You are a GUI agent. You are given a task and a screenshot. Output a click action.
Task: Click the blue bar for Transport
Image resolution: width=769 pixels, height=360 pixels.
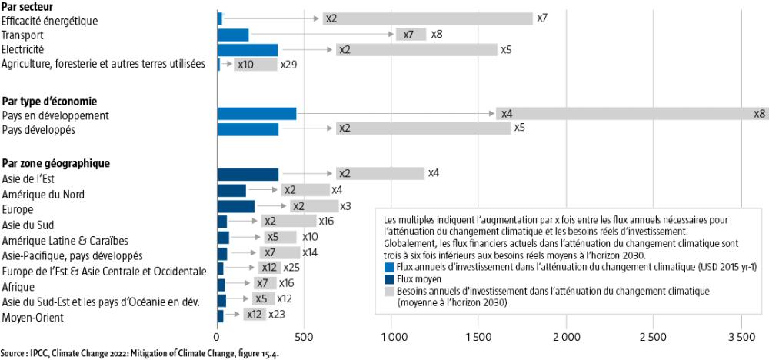(x=233, y=35)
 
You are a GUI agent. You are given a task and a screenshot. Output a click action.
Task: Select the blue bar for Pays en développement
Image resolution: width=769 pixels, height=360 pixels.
(x=257, y=114)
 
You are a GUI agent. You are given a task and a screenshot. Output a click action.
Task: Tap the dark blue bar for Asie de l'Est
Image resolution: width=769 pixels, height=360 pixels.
(x=248, y=174)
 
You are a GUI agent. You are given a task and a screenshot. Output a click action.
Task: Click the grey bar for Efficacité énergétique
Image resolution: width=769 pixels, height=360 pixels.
(x=428, y=18)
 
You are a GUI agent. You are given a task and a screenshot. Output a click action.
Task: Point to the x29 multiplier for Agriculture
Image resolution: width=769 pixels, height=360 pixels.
(x=288, y=65)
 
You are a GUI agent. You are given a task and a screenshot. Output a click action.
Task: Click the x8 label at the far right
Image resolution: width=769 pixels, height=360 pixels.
(x=760, y=114)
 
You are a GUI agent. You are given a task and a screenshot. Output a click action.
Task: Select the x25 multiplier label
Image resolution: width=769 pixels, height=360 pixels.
(x=291, y=268)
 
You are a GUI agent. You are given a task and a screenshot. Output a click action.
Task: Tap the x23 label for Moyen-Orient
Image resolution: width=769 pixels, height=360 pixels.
(x=277, y=315)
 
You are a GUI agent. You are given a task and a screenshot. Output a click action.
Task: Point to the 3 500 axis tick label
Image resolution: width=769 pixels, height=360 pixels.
(x=741, y=337)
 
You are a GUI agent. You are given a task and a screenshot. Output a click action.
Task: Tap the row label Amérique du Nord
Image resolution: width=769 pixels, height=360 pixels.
(x=42, y=194)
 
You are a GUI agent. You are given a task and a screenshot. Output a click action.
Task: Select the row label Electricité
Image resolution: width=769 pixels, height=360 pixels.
(x=23, y=49)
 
